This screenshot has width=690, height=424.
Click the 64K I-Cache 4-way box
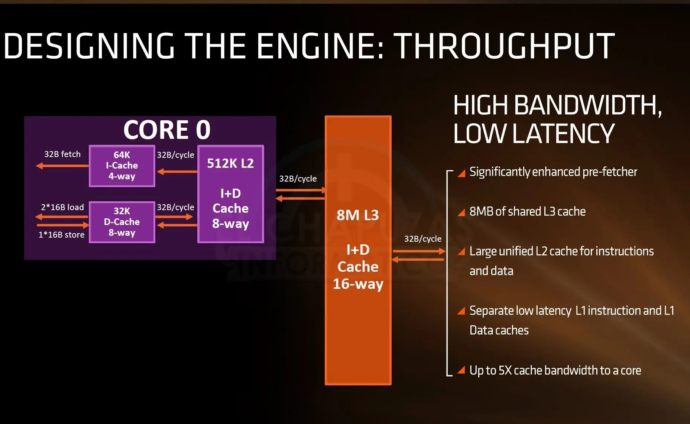[122, 166]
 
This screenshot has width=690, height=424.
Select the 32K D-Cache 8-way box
[122, 222]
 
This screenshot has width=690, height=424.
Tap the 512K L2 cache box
[230, 194]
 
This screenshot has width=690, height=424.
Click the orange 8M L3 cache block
[358, 250]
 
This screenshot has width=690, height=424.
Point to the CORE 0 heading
[167, 130]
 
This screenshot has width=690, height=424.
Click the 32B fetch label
[62, 154]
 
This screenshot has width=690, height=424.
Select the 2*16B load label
[62, 207]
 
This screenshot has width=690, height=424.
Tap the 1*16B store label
[61, 235]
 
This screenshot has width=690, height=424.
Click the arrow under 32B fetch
[62, 166]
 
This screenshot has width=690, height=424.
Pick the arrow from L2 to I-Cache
[176, 172]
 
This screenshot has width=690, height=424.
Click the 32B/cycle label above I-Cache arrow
[175, 155]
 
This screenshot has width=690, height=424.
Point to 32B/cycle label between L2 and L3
[298, 179]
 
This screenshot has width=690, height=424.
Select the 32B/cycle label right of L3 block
[422, 239]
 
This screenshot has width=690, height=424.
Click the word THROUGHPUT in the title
[504, 46]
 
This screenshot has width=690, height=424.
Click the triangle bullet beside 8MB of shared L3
[461, 212]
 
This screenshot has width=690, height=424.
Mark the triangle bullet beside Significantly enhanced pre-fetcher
[461, 173]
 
